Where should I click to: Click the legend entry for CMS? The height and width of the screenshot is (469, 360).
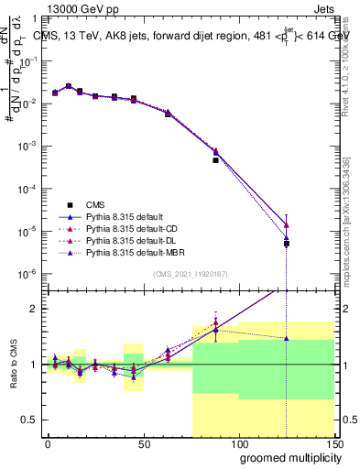click(x=96, y=204)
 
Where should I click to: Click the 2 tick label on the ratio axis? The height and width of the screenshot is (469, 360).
click(x=38, y=309)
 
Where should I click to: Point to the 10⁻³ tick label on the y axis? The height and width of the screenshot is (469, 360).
click(x=29, y=146)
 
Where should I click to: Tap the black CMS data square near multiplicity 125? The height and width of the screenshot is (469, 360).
click(x=287, y=244)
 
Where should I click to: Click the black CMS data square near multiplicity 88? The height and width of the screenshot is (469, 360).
click(x=215, y=160)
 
